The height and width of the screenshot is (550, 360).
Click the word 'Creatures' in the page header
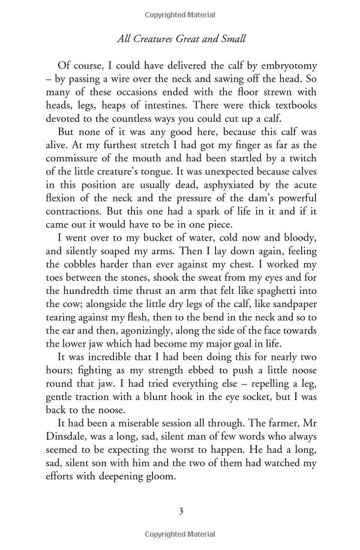(166, 40)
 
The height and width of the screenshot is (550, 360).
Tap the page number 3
(181, 511)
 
